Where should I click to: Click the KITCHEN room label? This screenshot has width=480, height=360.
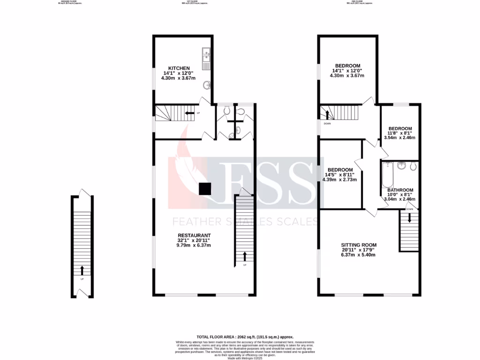point(179,68)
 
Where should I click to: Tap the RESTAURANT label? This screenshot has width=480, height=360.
point(194,235)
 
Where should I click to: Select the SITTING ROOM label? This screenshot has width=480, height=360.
point(359,245)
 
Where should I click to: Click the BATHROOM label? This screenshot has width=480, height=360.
point(400,190)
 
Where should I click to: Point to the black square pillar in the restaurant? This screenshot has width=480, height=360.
point(204,188)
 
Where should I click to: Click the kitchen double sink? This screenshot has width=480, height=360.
point(206,56)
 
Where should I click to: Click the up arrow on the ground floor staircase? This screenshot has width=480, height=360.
point(82,270)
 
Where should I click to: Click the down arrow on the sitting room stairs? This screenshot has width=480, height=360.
point(409,217)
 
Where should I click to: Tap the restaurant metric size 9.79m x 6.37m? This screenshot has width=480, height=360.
point(194,245)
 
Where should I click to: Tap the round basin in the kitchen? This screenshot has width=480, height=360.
point(207,85)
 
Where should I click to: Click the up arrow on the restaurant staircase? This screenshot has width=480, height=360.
point(245,256)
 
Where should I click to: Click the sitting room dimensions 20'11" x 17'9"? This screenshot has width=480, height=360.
point(359,250)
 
